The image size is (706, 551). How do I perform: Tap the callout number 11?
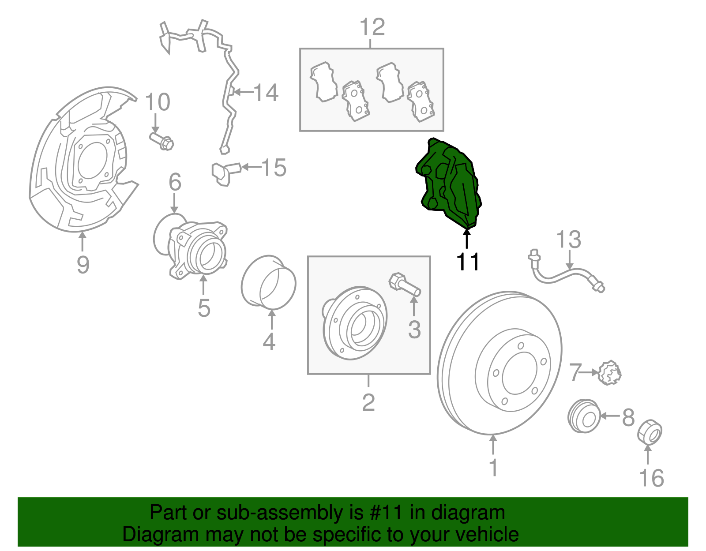coord(467,262)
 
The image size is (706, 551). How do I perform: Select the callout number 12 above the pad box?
coord(372,27)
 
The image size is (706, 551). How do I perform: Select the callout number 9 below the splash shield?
coord(83,265)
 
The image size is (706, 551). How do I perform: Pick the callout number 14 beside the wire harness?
coord(266,93)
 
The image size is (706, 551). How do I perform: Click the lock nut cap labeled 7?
coord(611,373)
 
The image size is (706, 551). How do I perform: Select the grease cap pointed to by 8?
coord(583,416)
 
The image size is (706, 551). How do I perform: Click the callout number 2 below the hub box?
coord(368,402)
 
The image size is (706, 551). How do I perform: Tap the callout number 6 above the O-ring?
coord(175,182)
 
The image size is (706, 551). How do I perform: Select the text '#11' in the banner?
coord(384,513)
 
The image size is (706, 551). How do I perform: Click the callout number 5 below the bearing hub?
coord(203,307)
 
